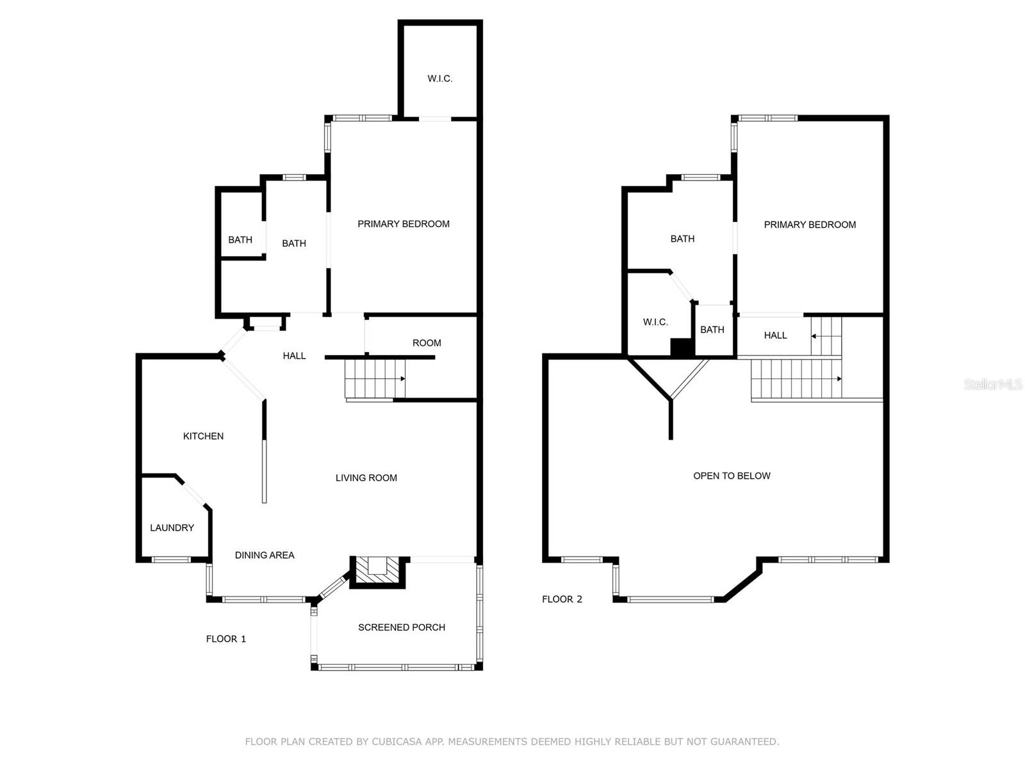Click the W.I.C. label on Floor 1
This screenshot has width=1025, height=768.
[x=440, y=79]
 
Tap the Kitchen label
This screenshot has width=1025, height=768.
[x=203, y=436]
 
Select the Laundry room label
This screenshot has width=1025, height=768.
[x=172, y=527]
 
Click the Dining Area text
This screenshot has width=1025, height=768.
[x=265, y=555]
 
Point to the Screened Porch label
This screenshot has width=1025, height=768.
[x=402, y=627]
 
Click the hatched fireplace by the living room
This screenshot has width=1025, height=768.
[x=378, y=570]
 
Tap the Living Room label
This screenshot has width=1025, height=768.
[x=366, y=477]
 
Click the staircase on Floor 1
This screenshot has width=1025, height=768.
[x=375, y=379]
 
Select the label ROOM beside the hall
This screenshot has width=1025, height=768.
[x=427, y=343]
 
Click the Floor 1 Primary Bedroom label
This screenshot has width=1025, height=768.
[x=404, y=224]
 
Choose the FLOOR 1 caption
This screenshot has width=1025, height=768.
[x=226, y=639]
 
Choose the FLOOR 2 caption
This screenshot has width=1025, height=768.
[x=562, y=599]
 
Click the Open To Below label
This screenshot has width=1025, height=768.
[x=732, y=476]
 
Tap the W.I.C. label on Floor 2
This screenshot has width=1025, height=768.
[x=655, y=322]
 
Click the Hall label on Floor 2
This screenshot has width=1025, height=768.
[x=775, y=335]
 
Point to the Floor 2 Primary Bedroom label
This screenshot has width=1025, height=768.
[x=810, y=225]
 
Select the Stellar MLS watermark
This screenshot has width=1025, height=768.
[x=993, y=385]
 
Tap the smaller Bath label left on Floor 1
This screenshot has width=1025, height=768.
[x=240, y=240]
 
